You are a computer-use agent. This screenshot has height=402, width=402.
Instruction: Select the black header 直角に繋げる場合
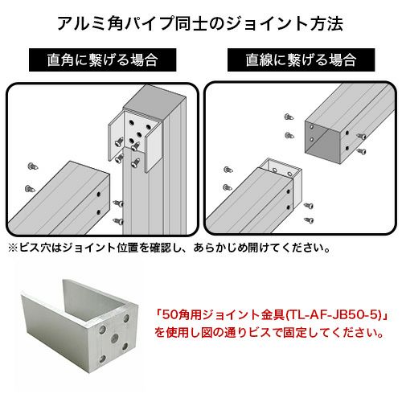coord(102,59)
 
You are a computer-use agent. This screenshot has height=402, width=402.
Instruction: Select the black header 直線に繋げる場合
coord(301,59)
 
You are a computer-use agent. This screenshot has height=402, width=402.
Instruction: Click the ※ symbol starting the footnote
coord(13,248)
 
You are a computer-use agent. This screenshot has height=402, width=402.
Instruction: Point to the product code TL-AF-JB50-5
coord(334,315)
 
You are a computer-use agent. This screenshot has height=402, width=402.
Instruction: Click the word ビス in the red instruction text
coord(260,333)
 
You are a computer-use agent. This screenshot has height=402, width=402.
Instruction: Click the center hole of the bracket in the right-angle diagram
coord(139,133)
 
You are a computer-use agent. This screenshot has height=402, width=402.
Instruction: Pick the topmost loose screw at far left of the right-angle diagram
coord(33,166)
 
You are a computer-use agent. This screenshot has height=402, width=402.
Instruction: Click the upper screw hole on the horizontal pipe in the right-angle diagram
coord(99,194)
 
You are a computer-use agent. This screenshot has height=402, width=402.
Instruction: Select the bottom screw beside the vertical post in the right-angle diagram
coord(118,221)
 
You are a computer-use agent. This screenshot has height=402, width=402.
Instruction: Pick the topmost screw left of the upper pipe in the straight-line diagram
coord(289,117)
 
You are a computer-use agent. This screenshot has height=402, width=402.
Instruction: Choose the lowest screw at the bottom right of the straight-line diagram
coord(309,220)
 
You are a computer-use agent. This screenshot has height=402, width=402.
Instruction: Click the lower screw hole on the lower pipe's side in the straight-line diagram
coord(289,207)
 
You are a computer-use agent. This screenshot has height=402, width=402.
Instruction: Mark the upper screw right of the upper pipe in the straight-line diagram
coord(362,136)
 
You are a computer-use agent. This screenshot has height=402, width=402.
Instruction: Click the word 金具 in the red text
coord(273,315)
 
